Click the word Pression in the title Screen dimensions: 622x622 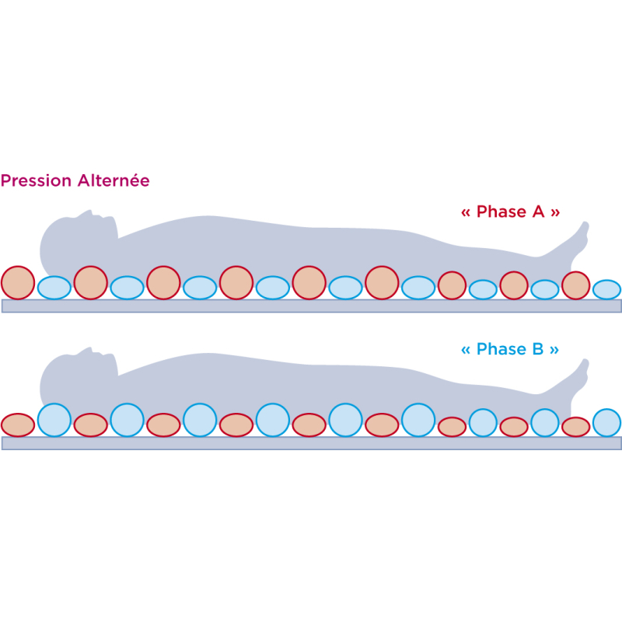click(36, 181)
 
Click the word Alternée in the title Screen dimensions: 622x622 click(114, 180)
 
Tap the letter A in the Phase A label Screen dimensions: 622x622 click(538, 211)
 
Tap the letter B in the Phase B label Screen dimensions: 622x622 click(538, 349)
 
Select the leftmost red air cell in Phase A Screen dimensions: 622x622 click(18, 282)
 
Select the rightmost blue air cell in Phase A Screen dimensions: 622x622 click(606, 289)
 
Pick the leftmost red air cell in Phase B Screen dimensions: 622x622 click(18, 425)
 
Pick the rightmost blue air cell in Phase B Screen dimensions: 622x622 click(606, 423)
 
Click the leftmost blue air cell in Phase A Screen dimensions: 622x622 click(54, 288)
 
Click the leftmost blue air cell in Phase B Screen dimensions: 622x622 click(54, 420)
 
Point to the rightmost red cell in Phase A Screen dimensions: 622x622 click(575, 285)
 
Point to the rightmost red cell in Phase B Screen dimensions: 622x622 click(575, 427)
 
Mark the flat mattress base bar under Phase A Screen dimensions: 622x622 click(312, 306)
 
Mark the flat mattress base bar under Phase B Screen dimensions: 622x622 click(312, 443)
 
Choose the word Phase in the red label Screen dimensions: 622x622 click(501, 211)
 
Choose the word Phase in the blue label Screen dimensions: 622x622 click(501, 349)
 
